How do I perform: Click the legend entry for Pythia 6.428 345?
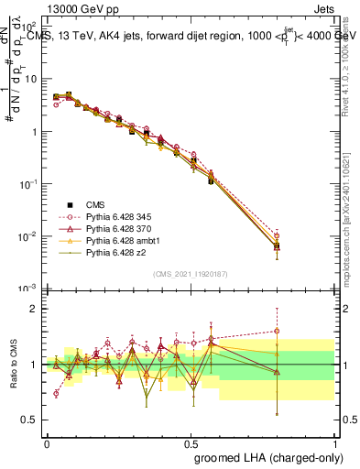(110, 213)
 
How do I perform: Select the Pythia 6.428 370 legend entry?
(110, 225)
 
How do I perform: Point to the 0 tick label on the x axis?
(47, 443)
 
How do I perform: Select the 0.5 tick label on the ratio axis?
(32, 420)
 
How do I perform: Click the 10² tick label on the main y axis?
(32, 27)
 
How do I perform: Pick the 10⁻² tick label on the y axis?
(32, 236)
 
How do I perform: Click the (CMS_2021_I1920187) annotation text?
(191, 273)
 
